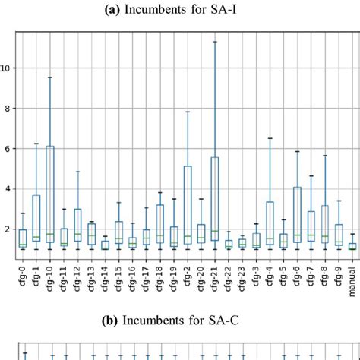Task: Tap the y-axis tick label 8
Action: point(10,108)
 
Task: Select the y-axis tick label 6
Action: point(10,148)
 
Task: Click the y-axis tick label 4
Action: point(10,188)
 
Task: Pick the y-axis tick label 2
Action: point(10,229)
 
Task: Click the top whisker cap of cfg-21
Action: point(215,41)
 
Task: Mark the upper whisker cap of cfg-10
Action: point(50,77)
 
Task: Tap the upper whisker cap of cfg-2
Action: point(188,112)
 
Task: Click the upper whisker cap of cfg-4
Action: point(270,138)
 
